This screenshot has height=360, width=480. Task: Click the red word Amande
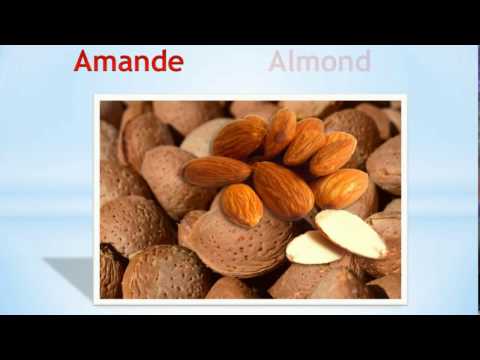(128, 61)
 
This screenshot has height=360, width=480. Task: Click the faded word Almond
(319, 61)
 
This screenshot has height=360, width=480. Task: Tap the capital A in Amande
(83, 61)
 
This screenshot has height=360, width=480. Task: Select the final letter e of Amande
(175, 63)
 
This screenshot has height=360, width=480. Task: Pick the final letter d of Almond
(362, 61)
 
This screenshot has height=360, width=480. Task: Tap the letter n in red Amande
(138, 63)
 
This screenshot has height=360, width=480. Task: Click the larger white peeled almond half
(350, 233)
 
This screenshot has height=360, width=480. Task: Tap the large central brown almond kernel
(282, 189)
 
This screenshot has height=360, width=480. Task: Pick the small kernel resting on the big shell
(241, 204)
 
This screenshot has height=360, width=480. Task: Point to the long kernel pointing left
(216, 171)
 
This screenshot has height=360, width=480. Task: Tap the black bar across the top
(240, 20)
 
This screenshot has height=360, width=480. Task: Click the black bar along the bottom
(240, 338)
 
